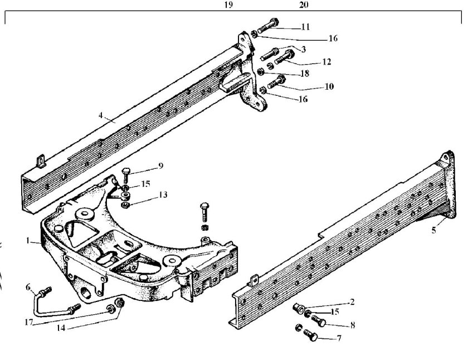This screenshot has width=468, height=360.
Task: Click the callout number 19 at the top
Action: pyautogui.click(x=228, y=5)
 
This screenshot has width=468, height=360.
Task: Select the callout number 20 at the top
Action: pyautogui.click(x=304, y=5)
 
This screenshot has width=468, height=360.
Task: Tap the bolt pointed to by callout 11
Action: pyautogui.click(x=268, y=26)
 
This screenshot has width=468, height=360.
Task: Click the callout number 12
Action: pyautogui.click(x=327, y=61)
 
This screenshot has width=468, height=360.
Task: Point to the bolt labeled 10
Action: pyautogui.click(x=276, y=82)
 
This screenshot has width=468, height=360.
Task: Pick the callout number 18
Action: pyautogui.click(x=305, y=73)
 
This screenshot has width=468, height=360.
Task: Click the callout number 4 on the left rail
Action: pyautogui.click(x=101, y=115)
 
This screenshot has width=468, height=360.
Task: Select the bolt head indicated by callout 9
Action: pyautogui.click(x=126, y=171)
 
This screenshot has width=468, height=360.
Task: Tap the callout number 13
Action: pyautogui.click(x=163, y=194)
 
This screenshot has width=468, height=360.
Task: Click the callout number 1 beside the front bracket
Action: pyautogui.click(x=28, y=240)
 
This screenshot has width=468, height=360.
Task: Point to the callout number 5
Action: pyautogui.click(x=433, y=230)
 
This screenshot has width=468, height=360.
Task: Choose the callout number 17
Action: pyautogui.click(x=28, y=323)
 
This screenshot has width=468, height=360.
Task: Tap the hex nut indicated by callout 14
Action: pyautogui.click(x=120, y=303)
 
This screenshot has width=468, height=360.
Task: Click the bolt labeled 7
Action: pyautogui.click(x=311, y=335)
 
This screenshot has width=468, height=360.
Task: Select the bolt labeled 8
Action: pyautogui.click(x=319, y=321)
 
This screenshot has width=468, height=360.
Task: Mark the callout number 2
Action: pyautogui.click(x=352, y=302)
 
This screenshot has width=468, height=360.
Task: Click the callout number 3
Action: pyautogui.click(x=304, y=49)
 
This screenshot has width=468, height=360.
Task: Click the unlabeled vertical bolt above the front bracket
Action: pyautogui.click(x=204, y=212)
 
